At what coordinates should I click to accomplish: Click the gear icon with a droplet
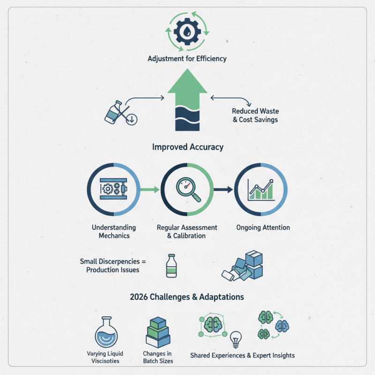(187, 31)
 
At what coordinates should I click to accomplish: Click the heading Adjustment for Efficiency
(187, 59)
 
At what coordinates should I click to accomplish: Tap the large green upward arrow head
(187, 81)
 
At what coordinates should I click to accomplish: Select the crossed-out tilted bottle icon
(121, 112)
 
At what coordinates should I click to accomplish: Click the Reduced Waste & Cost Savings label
(255, 115)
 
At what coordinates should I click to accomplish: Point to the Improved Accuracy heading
(188, 147)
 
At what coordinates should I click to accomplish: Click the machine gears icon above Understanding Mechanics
(113, 189)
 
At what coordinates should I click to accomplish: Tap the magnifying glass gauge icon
(188, 189)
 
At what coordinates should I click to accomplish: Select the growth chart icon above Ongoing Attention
(261, 190)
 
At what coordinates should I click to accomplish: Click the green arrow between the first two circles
(150, 190)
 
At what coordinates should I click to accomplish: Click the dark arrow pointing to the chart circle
(223, 190)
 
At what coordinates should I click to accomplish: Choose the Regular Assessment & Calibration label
(187, 232)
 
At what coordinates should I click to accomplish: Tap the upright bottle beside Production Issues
(172, 266)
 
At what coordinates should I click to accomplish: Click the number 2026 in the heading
(139, 297)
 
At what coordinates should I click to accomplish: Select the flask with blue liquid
(106, 332)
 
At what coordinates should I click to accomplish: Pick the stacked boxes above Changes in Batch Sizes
(158, 332)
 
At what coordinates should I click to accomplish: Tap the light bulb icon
(236, 339)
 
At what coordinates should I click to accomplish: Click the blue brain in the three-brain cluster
(282, 326)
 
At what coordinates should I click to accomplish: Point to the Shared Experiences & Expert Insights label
(242, 355)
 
